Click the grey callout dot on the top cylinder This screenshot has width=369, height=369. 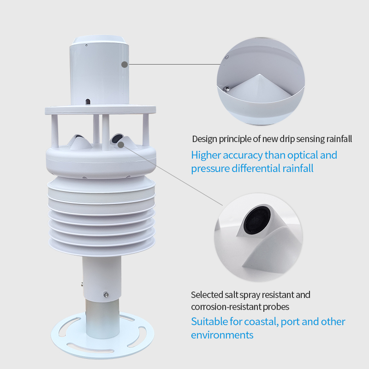[125, 64]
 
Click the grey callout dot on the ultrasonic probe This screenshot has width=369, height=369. [121, 145]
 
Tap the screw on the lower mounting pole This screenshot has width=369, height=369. [106, 294]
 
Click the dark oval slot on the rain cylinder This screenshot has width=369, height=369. [88, 101]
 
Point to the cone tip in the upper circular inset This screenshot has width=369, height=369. [259, 75]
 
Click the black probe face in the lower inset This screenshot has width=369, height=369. [257, 220]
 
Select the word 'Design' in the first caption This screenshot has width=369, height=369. [204, 139]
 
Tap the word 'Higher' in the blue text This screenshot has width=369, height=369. [206, 155]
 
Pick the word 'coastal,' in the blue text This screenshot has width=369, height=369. [262, 322]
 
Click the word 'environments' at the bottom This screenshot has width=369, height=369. [222, 335]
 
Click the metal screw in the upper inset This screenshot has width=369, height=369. [226, 89]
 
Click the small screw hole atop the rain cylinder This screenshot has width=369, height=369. [86, 45]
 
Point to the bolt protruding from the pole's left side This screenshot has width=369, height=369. [82, 285]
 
